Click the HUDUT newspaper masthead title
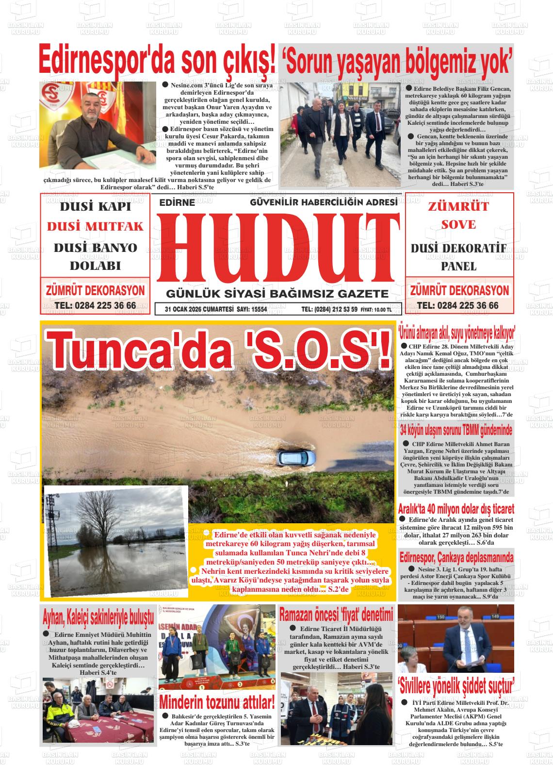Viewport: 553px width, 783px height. (277, 248)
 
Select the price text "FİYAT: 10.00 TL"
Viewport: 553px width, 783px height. (376, 309)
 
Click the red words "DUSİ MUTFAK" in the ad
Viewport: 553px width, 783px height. (95, 226)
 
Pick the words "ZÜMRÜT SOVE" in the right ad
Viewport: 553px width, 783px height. (458, 215)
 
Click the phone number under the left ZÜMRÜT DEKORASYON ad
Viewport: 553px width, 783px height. (95, 305)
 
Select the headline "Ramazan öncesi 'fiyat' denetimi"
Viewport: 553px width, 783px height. (336, 615)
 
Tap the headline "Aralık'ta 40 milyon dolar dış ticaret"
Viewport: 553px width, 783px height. (456, 509)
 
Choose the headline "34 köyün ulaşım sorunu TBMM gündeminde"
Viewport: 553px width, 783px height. (456, 431)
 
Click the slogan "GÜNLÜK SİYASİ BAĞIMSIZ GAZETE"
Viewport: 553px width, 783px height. (277, 294)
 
